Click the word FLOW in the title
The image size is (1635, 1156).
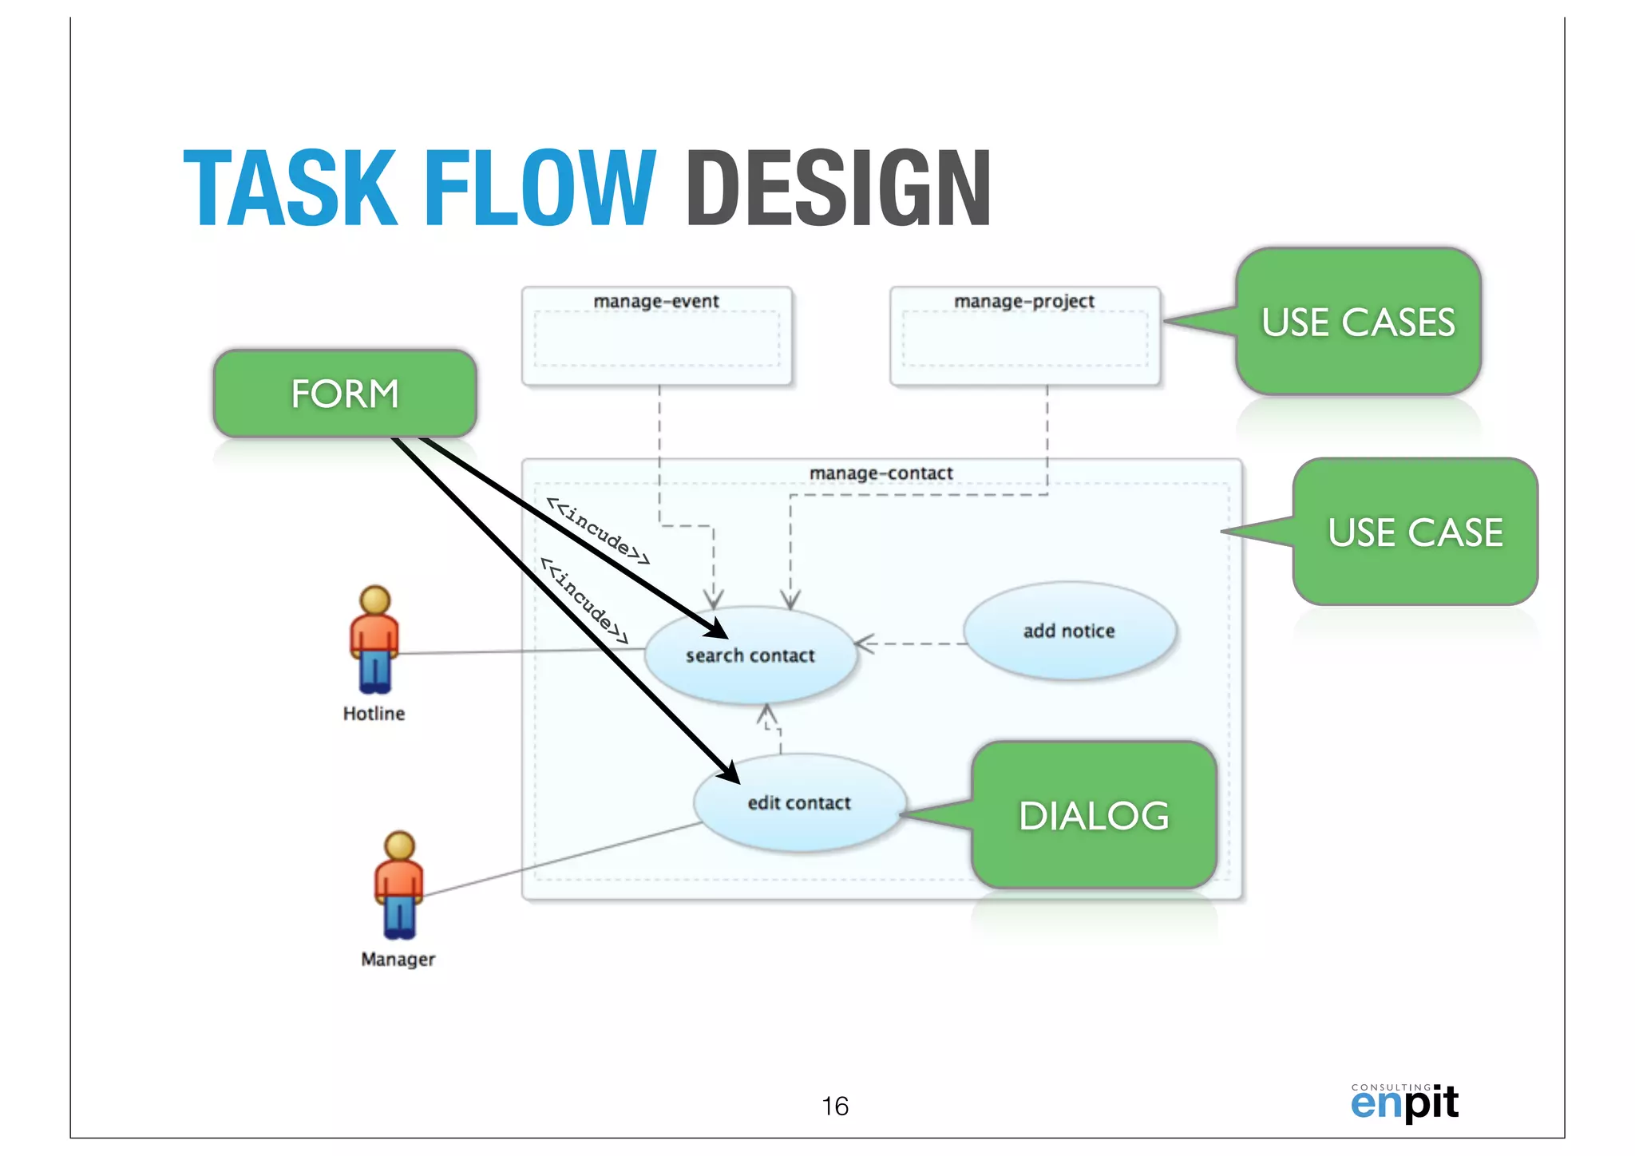[x=540, y=188]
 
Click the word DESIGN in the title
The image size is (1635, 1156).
[x=838, y=188]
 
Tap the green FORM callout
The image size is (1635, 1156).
[x=345, y=394]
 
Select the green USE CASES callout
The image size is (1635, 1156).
[x=1358, y=322]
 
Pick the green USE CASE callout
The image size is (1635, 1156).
[x=1415, y=532]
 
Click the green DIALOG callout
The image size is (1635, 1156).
[x=1094, y=815]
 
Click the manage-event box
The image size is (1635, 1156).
[x=656, y=336]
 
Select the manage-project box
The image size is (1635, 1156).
[x=1024, y=336]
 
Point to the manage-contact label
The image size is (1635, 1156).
[x=881, y=473]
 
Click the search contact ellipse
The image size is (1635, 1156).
[x=750, y=656]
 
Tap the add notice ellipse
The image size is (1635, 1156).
[x=1069, y=631]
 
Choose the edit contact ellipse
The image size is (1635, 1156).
[x=799, y=803]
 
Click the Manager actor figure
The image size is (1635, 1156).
[x=399, y=885]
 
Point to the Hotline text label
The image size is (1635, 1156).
[x=374, y=714]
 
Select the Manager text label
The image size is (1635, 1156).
[x=398, y=959]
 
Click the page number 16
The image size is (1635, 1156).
[x=835, y=1106]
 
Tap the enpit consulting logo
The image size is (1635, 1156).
[x=1404, y=1103]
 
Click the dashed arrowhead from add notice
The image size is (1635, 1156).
[x=864, y=643]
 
